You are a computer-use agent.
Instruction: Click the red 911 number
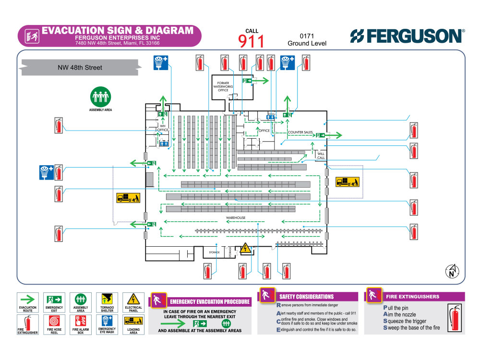tap(252, 41)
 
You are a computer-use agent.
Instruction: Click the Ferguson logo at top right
tap(407, 36)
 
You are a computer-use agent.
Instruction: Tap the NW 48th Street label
tap(80, 68)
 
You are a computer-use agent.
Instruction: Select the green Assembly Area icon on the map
tap(100, 97)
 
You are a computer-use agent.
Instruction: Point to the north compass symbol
tap(452, 272)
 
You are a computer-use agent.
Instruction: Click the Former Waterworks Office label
tap(223, 86)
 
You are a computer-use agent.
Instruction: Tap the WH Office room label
tap(163, 128)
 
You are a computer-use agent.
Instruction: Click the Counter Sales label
tap(300, 132)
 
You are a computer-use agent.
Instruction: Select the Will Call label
tap(321, 156)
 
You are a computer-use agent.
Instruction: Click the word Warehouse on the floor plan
tap(236, 218)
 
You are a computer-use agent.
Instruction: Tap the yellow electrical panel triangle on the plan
tap(245, 248)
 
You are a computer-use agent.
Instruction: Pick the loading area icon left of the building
tap(128, 198)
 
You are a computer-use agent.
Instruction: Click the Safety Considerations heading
tap(306, 297)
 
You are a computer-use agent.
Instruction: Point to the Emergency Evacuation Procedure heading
tap(209, 302)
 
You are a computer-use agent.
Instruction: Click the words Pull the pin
tap(396, 308)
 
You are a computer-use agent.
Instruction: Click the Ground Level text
tap(307, 43)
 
